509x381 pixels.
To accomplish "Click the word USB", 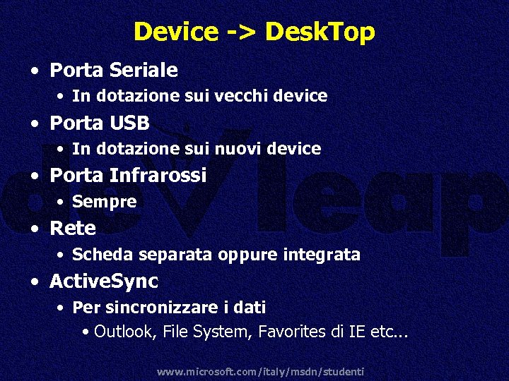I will (x=130, y=123).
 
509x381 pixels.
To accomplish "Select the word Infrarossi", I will (x=158, y=175).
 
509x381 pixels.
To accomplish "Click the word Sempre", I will (x=104, y=202).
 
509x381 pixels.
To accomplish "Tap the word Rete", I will (x=73, y=228).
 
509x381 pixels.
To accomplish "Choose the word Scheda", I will (x=103, y=254).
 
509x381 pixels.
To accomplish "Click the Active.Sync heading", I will (x=104, y=282).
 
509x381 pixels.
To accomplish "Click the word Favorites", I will (x=287, y=331).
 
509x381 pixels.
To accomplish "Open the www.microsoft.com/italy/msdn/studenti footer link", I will (x=260, y=371).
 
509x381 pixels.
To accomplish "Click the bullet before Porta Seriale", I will (x=34, y=71).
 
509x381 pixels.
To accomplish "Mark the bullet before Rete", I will (x=34, y=229).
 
